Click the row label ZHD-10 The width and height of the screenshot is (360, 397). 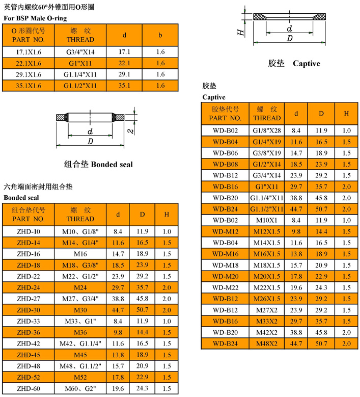point(29,231)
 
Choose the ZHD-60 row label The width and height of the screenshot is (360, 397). point(29,388)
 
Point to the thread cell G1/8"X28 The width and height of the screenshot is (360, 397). point(267,130)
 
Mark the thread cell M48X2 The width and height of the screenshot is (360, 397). point(267,343)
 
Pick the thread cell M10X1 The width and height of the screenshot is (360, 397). point(267,220)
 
